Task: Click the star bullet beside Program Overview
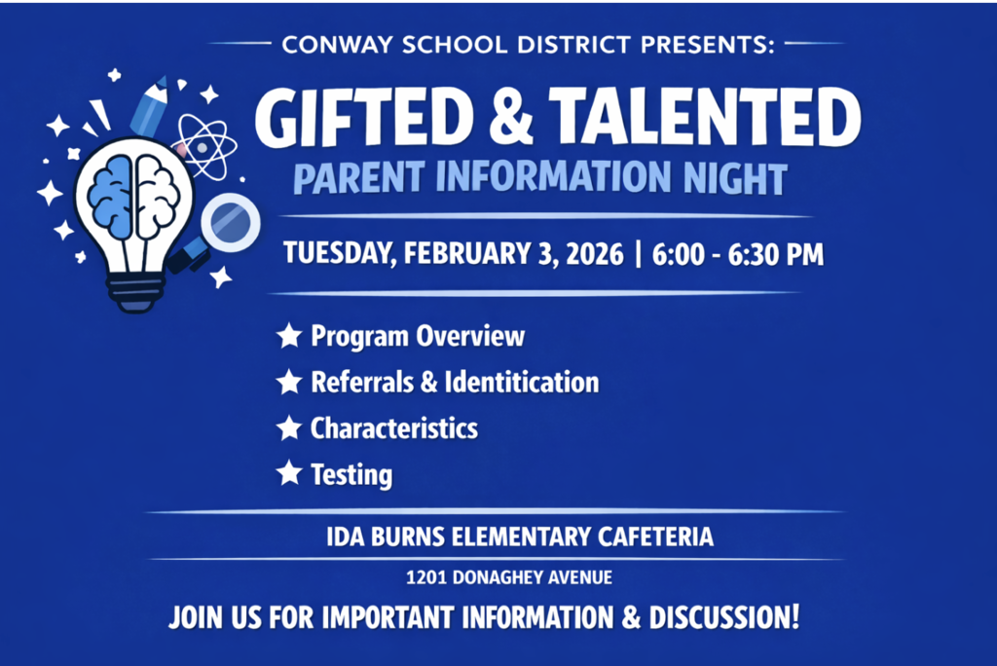click(289, 337)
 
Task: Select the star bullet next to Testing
click(289, 474)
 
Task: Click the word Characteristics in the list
click(394, 428)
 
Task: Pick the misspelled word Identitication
click(522, 383)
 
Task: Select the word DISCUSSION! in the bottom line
click(720, 616)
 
